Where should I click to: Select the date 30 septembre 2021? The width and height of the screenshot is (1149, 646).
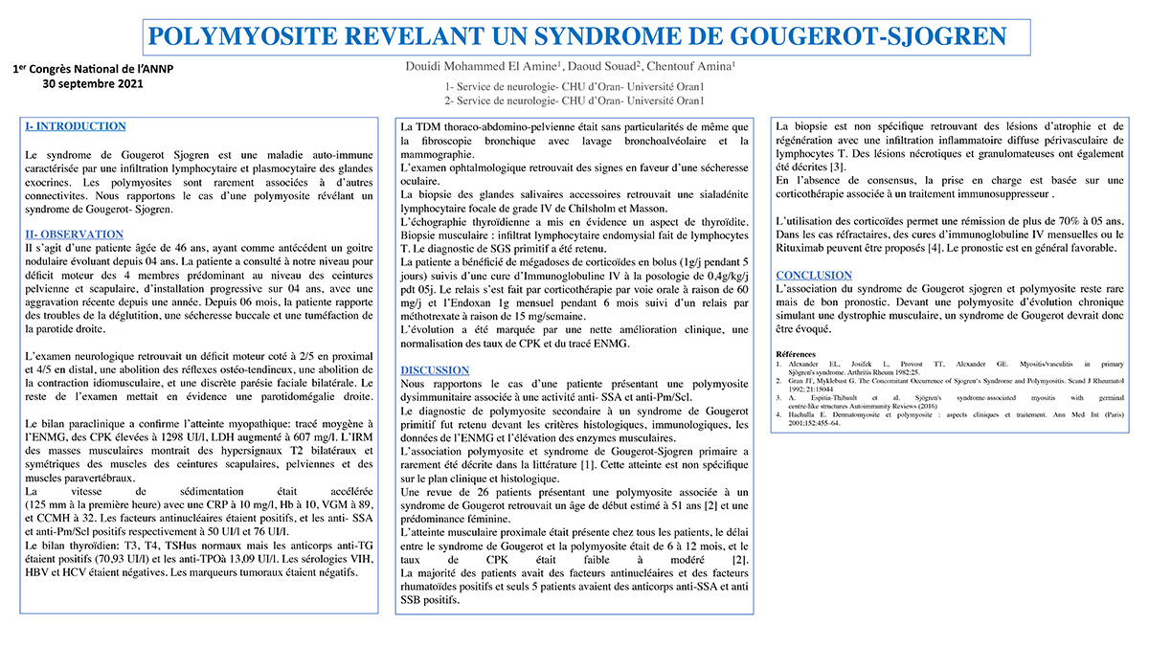[93, 84]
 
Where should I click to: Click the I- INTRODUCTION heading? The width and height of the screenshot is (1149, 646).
[76, 126]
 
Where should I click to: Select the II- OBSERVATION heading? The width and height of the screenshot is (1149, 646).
[75, 234]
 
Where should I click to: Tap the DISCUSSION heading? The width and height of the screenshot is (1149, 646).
[435, 370]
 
